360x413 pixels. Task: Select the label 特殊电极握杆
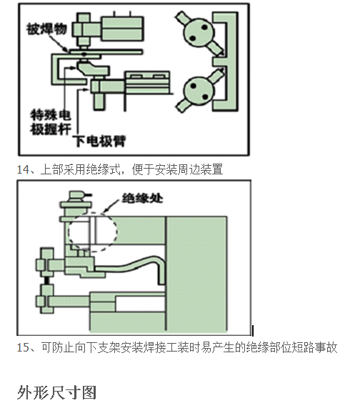[x=49, y=121]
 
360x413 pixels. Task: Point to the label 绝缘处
[x=144, y=198]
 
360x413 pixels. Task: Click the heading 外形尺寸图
[x=56, y=392]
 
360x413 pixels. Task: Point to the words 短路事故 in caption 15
[x=314, y=347]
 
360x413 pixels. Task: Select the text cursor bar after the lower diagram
[x=252, y=329]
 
